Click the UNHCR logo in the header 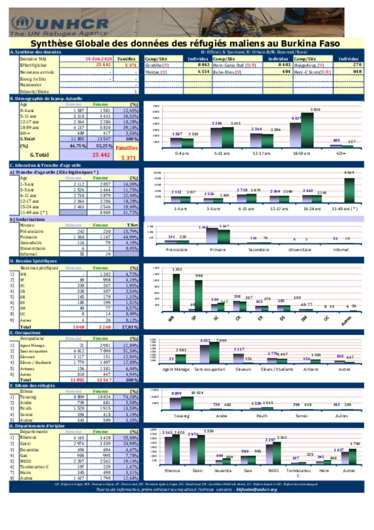[60, 26]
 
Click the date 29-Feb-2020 [99, 59]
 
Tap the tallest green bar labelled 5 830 [307, 130]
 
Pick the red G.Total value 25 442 [101, 155]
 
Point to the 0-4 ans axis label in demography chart [182, 154]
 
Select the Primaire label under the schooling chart [218, 250]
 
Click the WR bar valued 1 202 [176, 292]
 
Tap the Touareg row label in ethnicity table [28, 397]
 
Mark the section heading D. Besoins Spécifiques [33, 261]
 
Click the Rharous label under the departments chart [172, 471]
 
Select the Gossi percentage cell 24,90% [130, 444]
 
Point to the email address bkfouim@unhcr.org [256, 489]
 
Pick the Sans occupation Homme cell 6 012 [79, 351]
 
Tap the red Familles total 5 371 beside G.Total [129, 158]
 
